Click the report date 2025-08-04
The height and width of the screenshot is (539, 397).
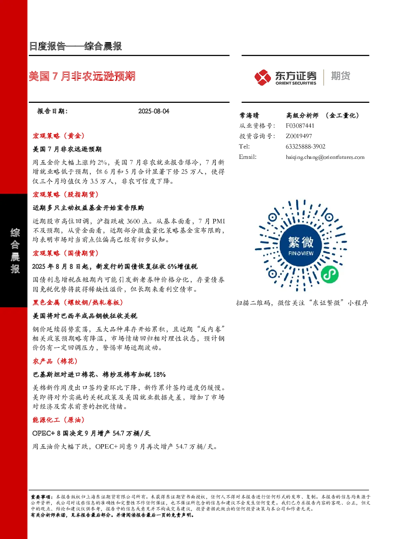tap(154, 111)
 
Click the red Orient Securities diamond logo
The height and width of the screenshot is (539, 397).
tap(263, 77)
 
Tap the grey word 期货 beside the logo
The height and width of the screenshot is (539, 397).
tap(341, 76)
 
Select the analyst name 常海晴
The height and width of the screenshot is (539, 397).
tap(249, 116)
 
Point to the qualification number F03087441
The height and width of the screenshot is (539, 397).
tap(300, 126)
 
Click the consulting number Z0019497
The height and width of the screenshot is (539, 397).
tap(299, 136)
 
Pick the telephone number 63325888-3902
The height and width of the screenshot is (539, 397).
tap(305, 146)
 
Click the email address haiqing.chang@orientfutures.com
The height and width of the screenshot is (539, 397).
tap(325, 157)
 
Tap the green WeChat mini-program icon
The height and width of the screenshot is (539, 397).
tap(329, 275)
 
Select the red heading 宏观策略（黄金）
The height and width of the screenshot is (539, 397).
tap(59, 136)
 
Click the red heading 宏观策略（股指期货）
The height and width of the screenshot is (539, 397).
tap(66, 194)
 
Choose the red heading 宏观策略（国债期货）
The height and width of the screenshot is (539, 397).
tap(66, 253)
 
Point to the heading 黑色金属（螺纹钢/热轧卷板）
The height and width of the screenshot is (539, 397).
tap(78, 303)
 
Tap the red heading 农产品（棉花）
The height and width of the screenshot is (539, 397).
tap(55, 361)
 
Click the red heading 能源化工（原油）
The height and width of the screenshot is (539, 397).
tap(59, 420)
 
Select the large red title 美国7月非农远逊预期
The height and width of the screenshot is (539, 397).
tap(82, 76)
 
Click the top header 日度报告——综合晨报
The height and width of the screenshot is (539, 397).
tap(76, 46)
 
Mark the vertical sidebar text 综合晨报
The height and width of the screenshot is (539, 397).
tap(15, 250)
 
